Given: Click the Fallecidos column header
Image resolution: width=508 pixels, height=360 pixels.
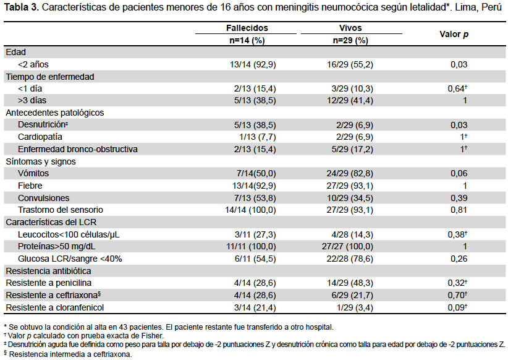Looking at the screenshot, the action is pyautogui.click(x=247, y=28).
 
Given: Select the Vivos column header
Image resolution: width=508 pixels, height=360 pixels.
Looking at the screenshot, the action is pyautogui.click(x=350, y=28).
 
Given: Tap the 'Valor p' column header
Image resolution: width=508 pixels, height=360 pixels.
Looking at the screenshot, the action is pyautogui.click(x=454, y=35).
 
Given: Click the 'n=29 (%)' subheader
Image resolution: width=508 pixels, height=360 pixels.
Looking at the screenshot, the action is pyautogui.click(x=350, y=41).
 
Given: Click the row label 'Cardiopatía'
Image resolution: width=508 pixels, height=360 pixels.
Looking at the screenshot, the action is pyautogui.click(x=40, y=137).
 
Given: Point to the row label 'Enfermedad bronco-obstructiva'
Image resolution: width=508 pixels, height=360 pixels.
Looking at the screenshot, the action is pyautogui.click(x=78, y=149).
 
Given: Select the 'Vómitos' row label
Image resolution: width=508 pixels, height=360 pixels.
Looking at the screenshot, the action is pyautogui.click(x=33, y=173).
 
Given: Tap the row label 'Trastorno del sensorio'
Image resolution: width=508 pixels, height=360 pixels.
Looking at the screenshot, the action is pyautogui.click(x=61, y=210).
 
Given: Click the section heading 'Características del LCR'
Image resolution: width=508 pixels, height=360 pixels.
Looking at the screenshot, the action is pyautogui.click(x=51, y=222).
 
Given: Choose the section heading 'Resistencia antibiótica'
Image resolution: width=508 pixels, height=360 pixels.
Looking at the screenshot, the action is pyautogui.click(x=48, y=271).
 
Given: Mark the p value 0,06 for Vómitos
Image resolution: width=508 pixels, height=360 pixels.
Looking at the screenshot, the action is pyautogui.click(x=459, y=174).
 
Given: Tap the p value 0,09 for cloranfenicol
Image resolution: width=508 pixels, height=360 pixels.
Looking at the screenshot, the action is pyautogui.click(x=457, y=307).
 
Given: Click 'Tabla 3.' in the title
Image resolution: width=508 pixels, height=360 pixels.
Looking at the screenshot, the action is pyautogui.click(x=22, y=7).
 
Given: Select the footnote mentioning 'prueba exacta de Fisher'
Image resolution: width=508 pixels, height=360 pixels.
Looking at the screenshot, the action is pyautogui.click(x=83, y=336).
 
